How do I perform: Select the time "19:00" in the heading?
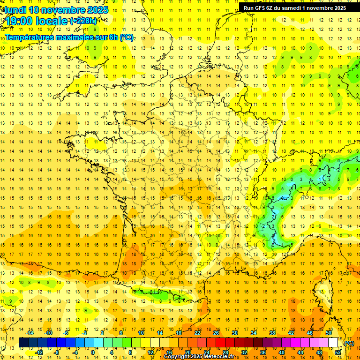tap(20, 21)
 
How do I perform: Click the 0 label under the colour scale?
tap(93, 352)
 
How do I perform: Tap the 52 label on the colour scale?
tap(338, 352)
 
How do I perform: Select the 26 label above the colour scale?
tap(216, 333)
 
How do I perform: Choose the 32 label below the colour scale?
tap(244, 352)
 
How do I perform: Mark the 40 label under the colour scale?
tap(282, 352)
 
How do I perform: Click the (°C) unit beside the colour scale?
tap(349, 343)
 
